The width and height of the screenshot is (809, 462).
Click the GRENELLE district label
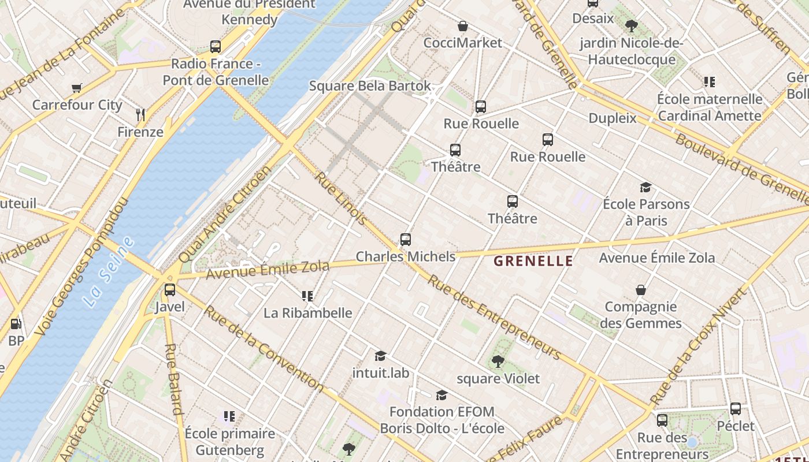pos(533,261)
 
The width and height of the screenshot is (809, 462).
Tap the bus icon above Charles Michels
pos(406,239)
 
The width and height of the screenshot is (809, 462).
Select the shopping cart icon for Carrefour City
pos(77,88)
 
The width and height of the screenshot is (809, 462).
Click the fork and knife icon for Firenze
pos(140,114)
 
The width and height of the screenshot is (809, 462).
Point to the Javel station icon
pos(169,290)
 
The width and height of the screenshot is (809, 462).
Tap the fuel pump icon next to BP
pos(16,325)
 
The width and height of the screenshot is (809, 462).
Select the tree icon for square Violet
pos(498,362)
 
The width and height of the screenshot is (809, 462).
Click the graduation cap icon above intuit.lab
pos(380,356)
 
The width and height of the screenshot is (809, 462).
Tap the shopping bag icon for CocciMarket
pos(462,26)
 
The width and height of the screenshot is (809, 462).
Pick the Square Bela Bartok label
pos(370,86)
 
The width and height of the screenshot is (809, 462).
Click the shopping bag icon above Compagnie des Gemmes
pos(640,289)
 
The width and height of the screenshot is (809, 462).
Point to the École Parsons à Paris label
pos(646,212)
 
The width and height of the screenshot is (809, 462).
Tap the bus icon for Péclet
pos(736,409)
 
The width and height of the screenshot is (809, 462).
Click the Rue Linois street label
pos(340,198)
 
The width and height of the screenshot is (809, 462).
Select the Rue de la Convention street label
pos(264,348)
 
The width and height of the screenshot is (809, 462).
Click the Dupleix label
pos(612,118)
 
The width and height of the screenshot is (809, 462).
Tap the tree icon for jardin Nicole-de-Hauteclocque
pos(631,26)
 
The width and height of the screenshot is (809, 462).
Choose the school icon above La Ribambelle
pos(307,296)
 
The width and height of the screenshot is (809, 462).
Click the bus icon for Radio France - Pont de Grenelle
pos(216,47)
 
